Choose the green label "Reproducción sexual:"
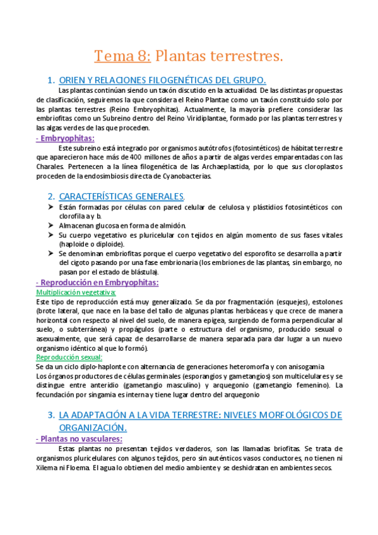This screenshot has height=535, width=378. point(69,357)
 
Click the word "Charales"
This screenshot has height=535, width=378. point(51,167)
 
